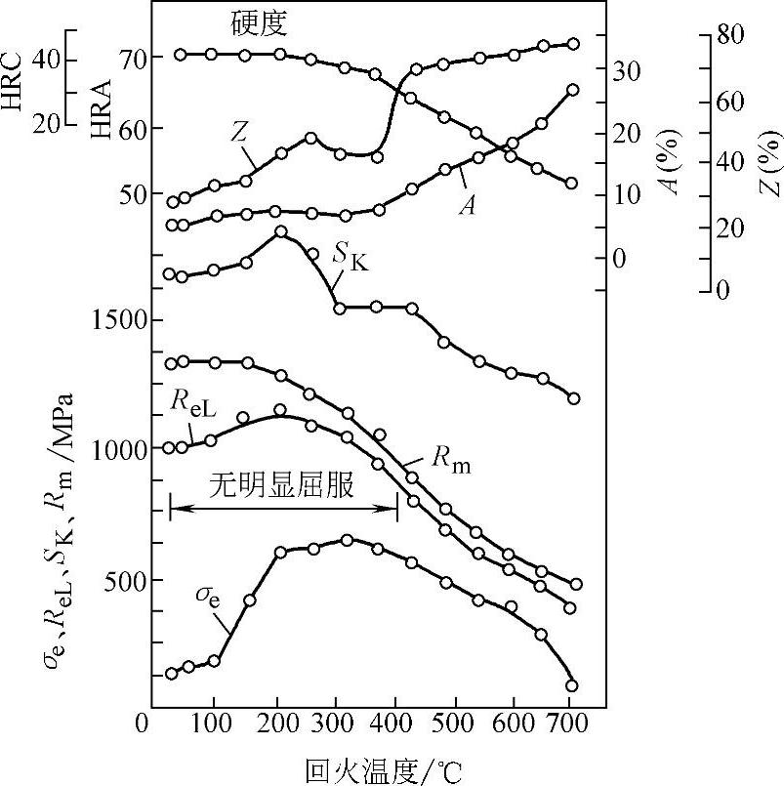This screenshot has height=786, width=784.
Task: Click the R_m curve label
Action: (x=450, y=463)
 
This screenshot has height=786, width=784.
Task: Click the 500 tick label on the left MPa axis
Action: (x=123, y=580)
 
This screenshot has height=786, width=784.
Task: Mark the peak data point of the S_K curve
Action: (x=281, y=231)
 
